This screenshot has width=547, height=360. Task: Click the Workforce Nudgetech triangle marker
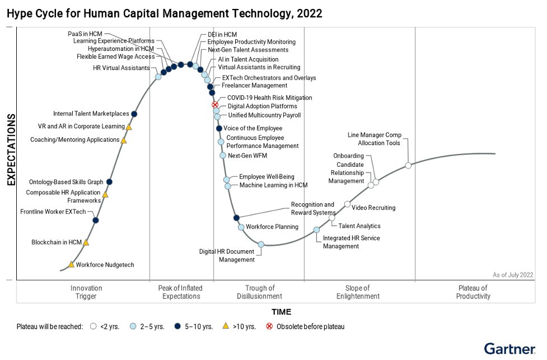coord(71,264)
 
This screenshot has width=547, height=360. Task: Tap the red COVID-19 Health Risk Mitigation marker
coord(214,105)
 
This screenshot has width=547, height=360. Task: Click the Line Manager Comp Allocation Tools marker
coord(408,165)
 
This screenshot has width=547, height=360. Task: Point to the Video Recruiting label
coord(373,208)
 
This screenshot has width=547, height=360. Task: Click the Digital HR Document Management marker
coord(261,244)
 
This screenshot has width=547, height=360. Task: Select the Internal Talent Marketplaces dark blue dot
coord(134,114)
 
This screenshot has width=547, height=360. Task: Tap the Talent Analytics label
coord(359,226)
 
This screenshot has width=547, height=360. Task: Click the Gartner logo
coord(509,348)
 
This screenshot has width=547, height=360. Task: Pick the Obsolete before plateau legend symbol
coord(269,326)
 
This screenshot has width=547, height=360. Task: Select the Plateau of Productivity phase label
coord(473,292)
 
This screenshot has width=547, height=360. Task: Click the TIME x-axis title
coord(281,312)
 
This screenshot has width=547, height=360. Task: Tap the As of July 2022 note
coord(513,274)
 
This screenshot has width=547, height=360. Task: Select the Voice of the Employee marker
coord(219,128)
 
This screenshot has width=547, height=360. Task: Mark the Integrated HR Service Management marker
coord(316,230)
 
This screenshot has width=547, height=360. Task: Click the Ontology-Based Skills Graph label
coord(66,182)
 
